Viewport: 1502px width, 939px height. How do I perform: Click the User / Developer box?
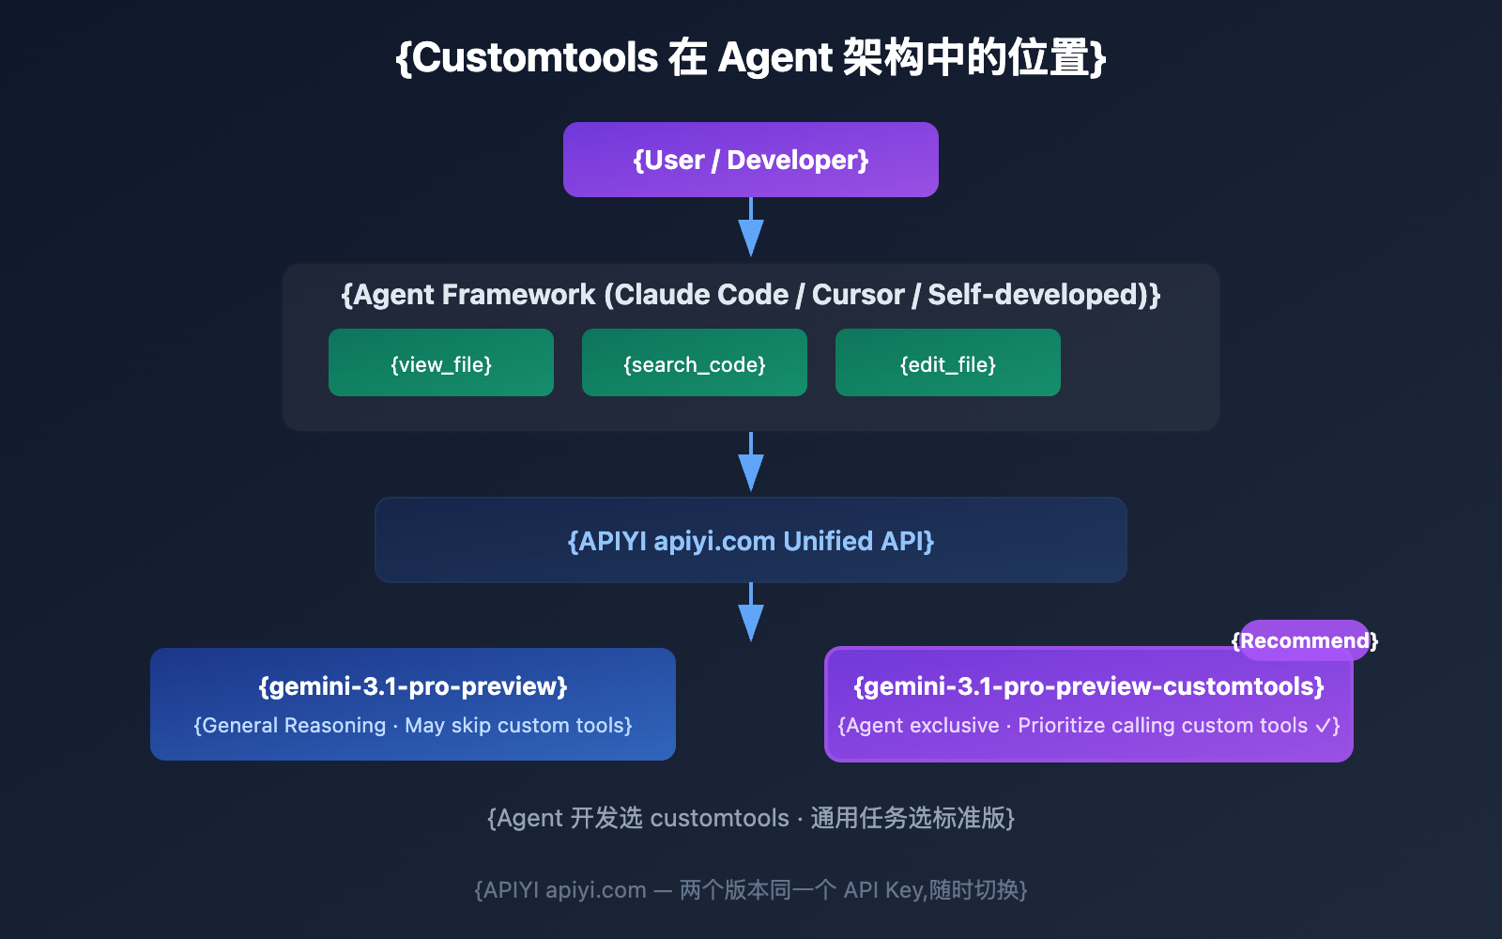751,160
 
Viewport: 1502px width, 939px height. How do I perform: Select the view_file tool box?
441,363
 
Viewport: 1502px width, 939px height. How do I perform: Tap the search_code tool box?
695,363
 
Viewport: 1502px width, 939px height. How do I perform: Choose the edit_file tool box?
948,363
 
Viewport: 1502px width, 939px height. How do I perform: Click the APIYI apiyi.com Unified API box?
751,541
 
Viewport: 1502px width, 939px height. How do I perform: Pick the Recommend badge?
1304,640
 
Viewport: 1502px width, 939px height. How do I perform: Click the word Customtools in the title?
535,58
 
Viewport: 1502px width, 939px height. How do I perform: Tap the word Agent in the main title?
774,58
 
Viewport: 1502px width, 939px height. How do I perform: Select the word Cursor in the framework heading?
858,295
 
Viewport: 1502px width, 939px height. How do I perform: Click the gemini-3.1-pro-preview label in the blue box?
413,686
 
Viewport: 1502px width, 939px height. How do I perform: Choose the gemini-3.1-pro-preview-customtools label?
1089,686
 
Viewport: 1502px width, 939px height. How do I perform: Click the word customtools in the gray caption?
719,819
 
